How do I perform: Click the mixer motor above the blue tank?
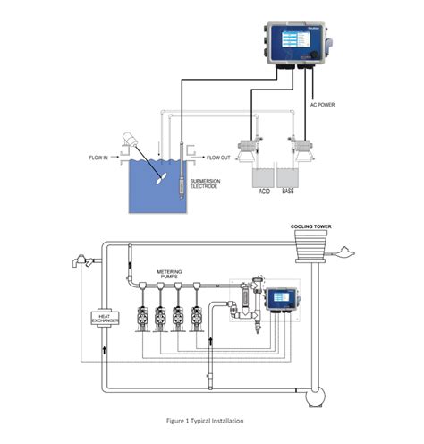click(x=130, y=140)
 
